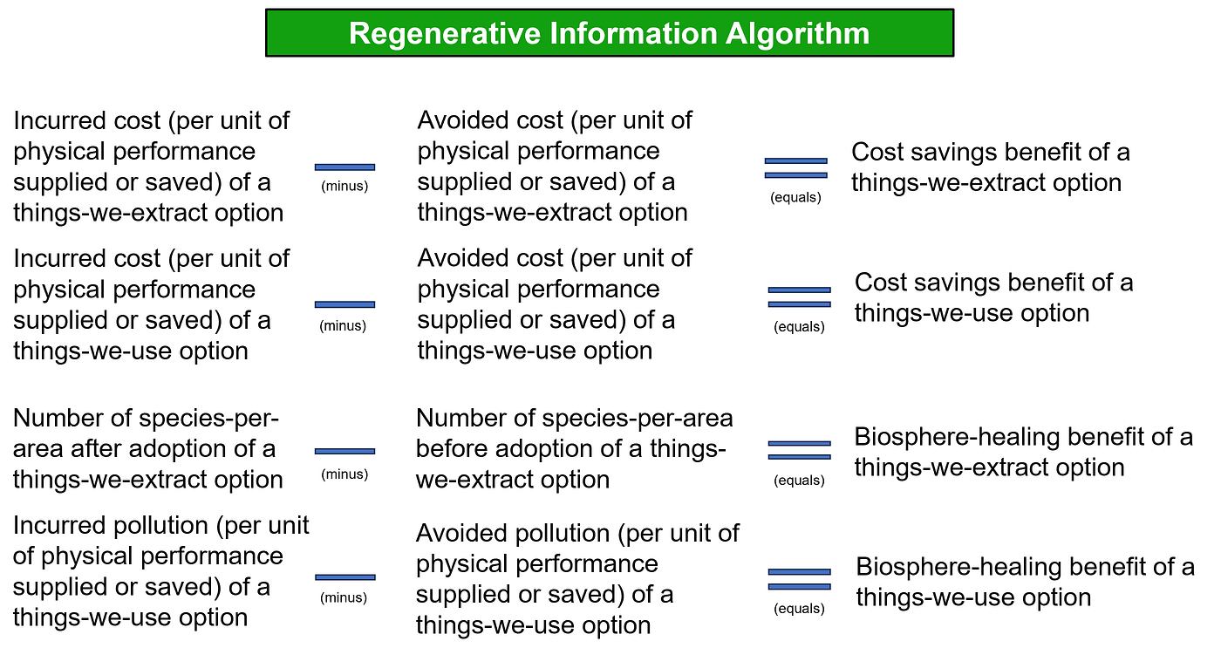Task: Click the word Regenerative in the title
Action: pyautogui.click(x=444, y=34)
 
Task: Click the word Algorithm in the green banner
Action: pyautogui.click(x=797, y=34)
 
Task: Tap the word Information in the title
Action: pyautogui.click(x=633, y=33)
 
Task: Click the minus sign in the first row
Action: pyautogui.click(x=344, y=167)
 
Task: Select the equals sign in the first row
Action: pyautogui.click(x=795, y=167)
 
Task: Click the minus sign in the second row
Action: pyautogui.click(x=344, y=304)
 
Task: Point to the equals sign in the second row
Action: pyautogui.click(x=799, y=297)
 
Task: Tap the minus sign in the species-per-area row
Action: pyautogui.click(x=344, y=451)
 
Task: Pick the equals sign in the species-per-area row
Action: pyautogui.click(x=799, y=450)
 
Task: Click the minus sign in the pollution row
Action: pyautogui.click(x=344, y=577)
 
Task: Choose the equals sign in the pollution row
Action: pyautogui.click(x=799, y=579)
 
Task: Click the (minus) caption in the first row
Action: pyautogui.click(x=344, y=187)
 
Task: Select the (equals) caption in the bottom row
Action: pyautogui.click(x=799, y=608)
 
